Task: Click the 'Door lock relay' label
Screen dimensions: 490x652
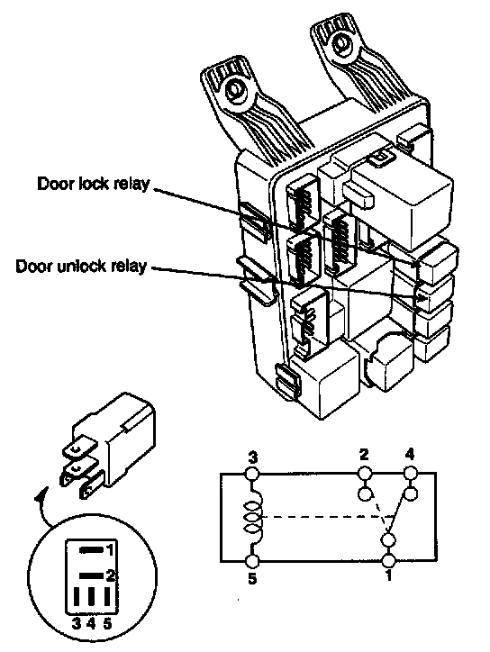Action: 93,184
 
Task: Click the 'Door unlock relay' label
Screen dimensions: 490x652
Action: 81,266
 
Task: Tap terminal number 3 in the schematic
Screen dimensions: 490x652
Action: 252,458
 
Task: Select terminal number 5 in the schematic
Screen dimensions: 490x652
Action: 252,578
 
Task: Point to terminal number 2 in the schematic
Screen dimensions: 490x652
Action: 364,455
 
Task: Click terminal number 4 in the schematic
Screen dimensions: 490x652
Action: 409,455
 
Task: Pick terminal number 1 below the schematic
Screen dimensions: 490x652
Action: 388,576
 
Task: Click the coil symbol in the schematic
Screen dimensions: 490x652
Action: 253,517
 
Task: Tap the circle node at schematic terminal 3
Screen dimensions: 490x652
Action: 252,474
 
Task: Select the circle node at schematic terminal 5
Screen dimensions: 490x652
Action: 252,561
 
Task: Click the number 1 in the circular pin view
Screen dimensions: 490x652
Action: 109,550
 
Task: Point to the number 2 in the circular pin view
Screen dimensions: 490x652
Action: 110,576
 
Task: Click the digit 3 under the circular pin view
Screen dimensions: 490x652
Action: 77,624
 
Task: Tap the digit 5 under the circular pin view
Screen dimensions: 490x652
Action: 107,624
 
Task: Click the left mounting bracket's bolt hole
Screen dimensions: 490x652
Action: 235,89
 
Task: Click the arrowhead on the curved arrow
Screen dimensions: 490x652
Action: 40,495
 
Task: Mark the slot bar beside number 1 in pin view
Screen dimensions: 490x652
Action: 91,550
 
